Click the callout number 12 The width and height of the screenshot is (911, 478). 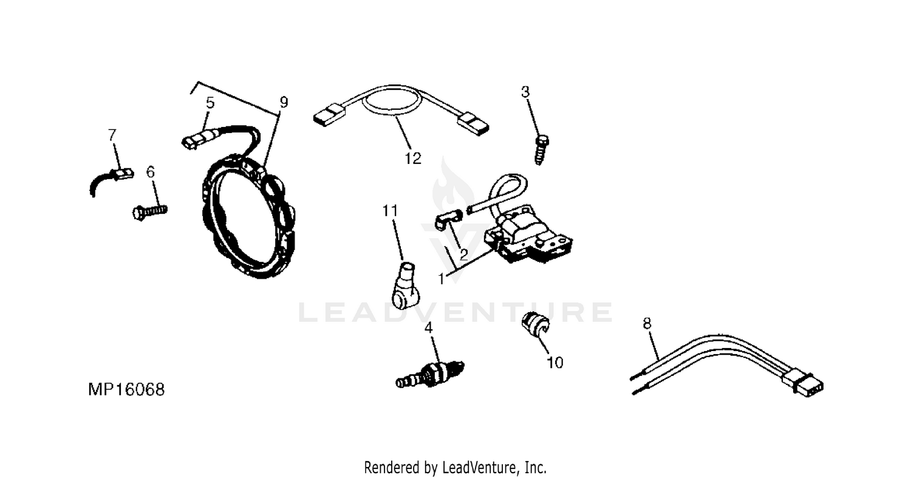click(413, 158)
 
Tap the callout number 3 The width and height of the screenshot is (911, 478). click(525, 92)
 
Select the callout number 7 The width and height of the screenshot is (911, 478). click(112, 135)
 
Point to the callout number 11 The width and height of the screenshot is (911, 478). click(390, 211)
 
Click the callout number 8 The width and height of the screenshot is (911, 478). click(647, 323)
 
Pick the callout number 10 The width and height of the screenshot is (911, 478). click(555, 363)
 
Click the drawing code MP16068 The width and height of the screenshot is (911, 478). click(126, 389)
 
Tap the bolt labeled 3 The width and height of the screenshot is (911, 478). click(541, 150)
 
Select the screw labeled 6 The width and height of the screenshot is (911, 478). click(150, 211)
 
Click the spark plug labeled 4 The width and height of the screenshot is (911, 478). click(429, 375)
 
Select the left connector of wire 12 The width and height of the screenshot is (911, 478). click(330, 115)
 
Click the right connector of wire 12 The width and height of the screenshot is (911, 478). click(473, 124)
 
